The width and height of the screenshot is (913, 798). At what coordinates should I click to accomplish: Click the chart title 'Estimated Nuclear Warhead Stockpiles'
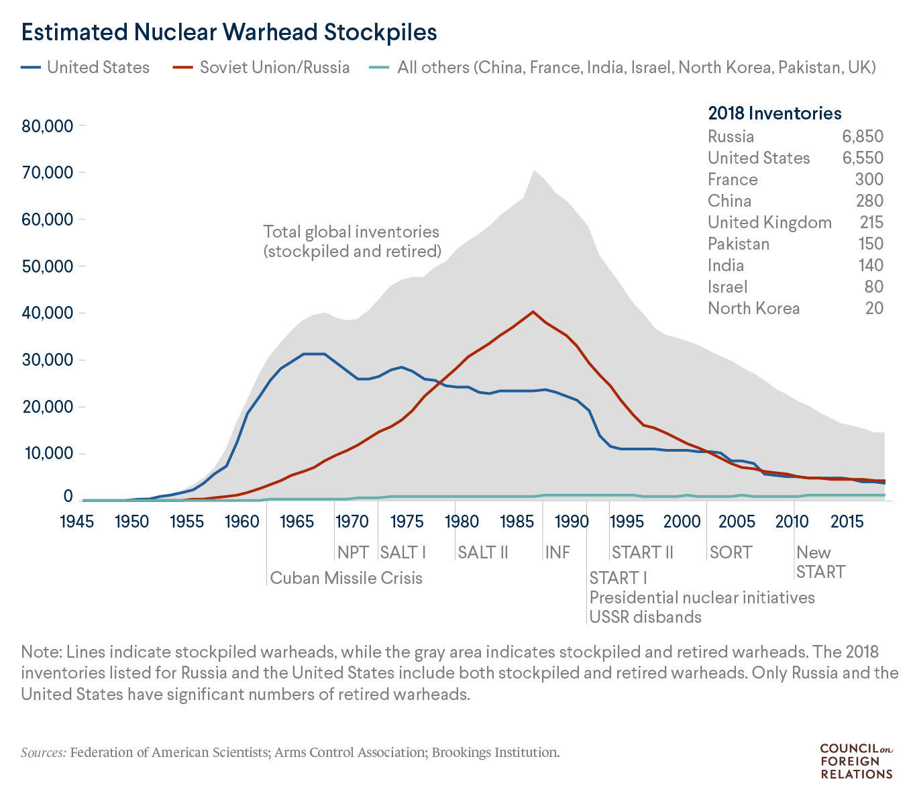[229, 32]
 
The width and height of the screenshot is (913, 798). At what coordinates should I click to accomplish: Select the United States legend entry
[98, 67]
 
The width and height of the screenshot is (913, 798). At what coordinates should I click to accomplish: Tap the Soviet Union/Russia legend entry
[274, 67]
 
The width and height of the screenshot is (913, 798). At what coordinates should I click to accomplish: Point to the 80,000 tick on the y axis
[48, 126]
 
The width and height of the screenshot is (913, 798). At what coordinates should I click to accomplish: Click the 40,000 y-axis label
[48, 313]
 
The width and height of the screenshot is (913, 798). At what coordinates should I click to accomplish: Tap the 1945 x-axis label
[76, 521]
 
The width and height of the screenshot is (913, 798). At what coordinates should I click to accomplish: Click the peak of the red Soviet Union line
[533, 311]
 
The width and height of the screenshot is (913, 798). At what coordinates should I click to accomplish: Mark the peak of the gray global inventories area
[533, 170]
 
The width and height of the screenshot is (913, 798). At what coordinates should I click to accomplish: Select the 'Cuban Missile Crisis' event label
[346, 578]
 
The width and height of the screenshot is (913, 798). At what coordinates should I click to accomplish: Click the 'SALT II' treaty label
[482, 552]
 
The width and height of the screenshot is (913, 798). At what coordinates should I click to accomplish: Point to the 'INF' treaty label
[557, 552]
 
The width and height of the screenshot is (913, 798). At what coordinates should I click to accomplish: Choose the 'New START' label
[820, 562]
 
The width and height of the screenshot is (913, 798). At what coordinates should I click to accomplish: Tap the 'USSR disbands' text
[645, 617]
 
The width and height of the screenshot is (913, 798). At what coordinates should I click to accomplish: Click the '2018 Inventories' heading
[775, 113]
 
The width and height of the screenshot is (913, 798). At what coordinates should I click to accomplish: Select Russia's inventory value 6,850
[863, 136]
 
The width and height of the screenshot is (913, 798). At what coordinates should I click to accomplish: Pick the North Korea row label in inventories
[753, 308]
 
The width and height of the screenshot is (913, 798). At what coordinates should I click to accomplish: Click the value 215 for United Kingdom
[871, 222]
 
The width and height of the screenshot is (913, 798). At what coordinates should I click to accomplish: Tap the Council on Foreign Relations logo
[856, 761]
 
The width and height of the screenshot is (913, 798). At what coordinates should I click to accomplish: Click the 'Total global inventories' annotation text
[352, 232]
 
